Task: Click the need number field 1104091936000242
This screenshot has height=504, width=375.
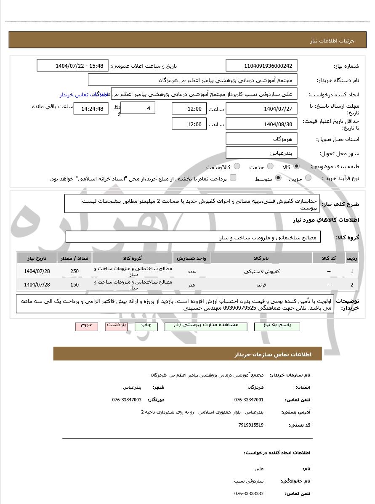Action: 261,66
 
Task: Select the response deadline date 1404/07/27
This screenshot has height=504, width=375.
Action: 261,109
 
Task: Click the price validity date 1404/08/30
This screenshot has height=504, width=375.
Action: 261,124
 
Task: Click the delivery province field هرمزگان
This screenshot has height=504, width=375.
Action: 261,138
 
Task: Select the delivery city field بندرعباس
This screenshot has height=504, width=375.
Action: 261,153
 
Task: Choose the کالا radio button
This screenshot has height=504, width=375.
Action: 297,167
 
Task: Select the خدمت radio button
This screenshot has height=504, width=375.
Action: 270,167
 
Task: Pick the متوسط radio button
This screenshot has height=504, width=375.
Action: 278,178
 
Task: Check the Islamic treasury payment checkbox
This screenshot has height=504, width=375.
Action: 233,178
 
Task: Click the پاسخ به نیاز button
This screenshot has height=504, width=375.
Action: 277,326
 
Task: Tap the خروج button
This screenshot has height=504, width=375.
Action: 86,326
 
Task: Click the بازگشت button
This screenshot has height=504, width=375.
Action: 117,326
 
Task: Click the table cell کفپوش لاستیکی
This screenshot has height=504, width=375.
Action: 261,271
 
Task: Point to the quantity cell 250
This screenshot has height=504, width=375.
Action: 74,271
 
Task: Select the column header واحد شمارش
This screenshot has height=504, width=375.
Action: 191,258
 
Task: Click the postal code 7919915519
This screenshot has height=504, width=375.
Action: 251,425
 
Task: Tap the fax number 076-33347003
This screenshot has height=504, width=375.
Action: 127,399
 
